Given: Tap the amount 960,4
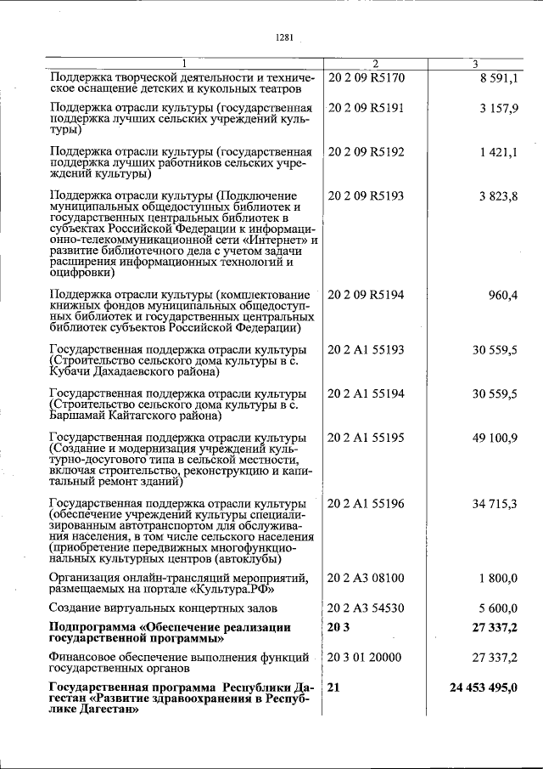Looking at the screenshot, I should tap(502, 296).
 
